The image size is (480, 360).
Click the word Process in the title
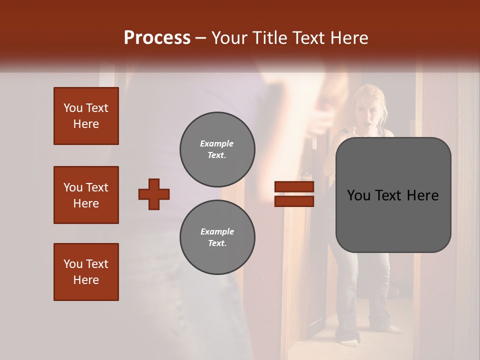click(157, 37)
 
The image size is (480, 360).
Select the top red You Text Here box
click(86, 116)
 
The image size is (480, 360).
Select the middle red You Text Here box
click(86, 195)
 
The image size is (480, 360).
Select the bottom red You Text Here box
click(86, 272)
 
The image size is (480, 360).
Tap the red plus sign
click(154, 194)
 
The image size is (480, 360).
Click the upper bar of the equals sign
click(294, 187)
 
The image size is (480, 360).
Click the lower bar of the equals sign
click(294, 201)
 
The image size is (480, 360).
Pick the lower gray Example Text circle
click(217, 237)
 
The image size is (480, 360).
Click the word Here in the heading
click(350, 38)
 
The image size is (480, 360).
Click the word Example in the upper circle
click(217, 143)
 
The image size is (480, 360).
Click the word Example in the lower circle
click(217, 231)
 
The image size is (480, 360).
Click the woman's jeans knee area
click(350, 280)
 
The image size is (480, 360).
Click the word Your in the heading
click(229, 38)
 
